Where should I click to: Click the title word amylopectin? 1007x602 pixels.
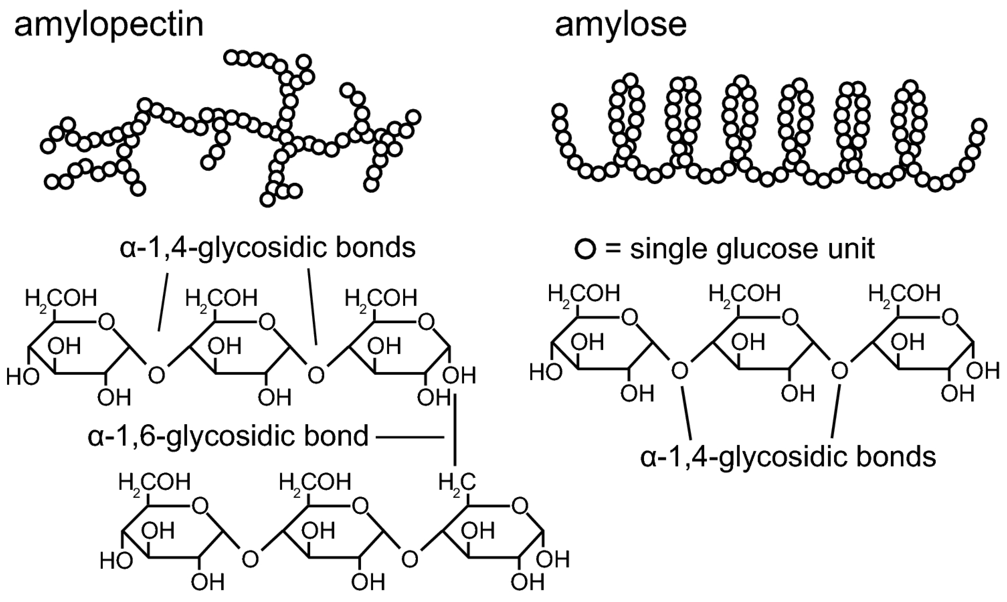pos(109,25)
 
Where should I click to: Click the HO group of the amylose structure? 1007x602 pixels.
pos(546,372)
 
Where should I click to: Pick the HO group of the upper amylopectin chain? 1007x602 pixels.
pos(23,377)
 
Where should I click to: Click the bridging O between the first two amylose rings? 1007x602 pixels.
pos(680,370)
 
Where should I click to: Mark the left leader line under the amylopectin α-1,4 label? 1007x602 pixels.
pos(163,301)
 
